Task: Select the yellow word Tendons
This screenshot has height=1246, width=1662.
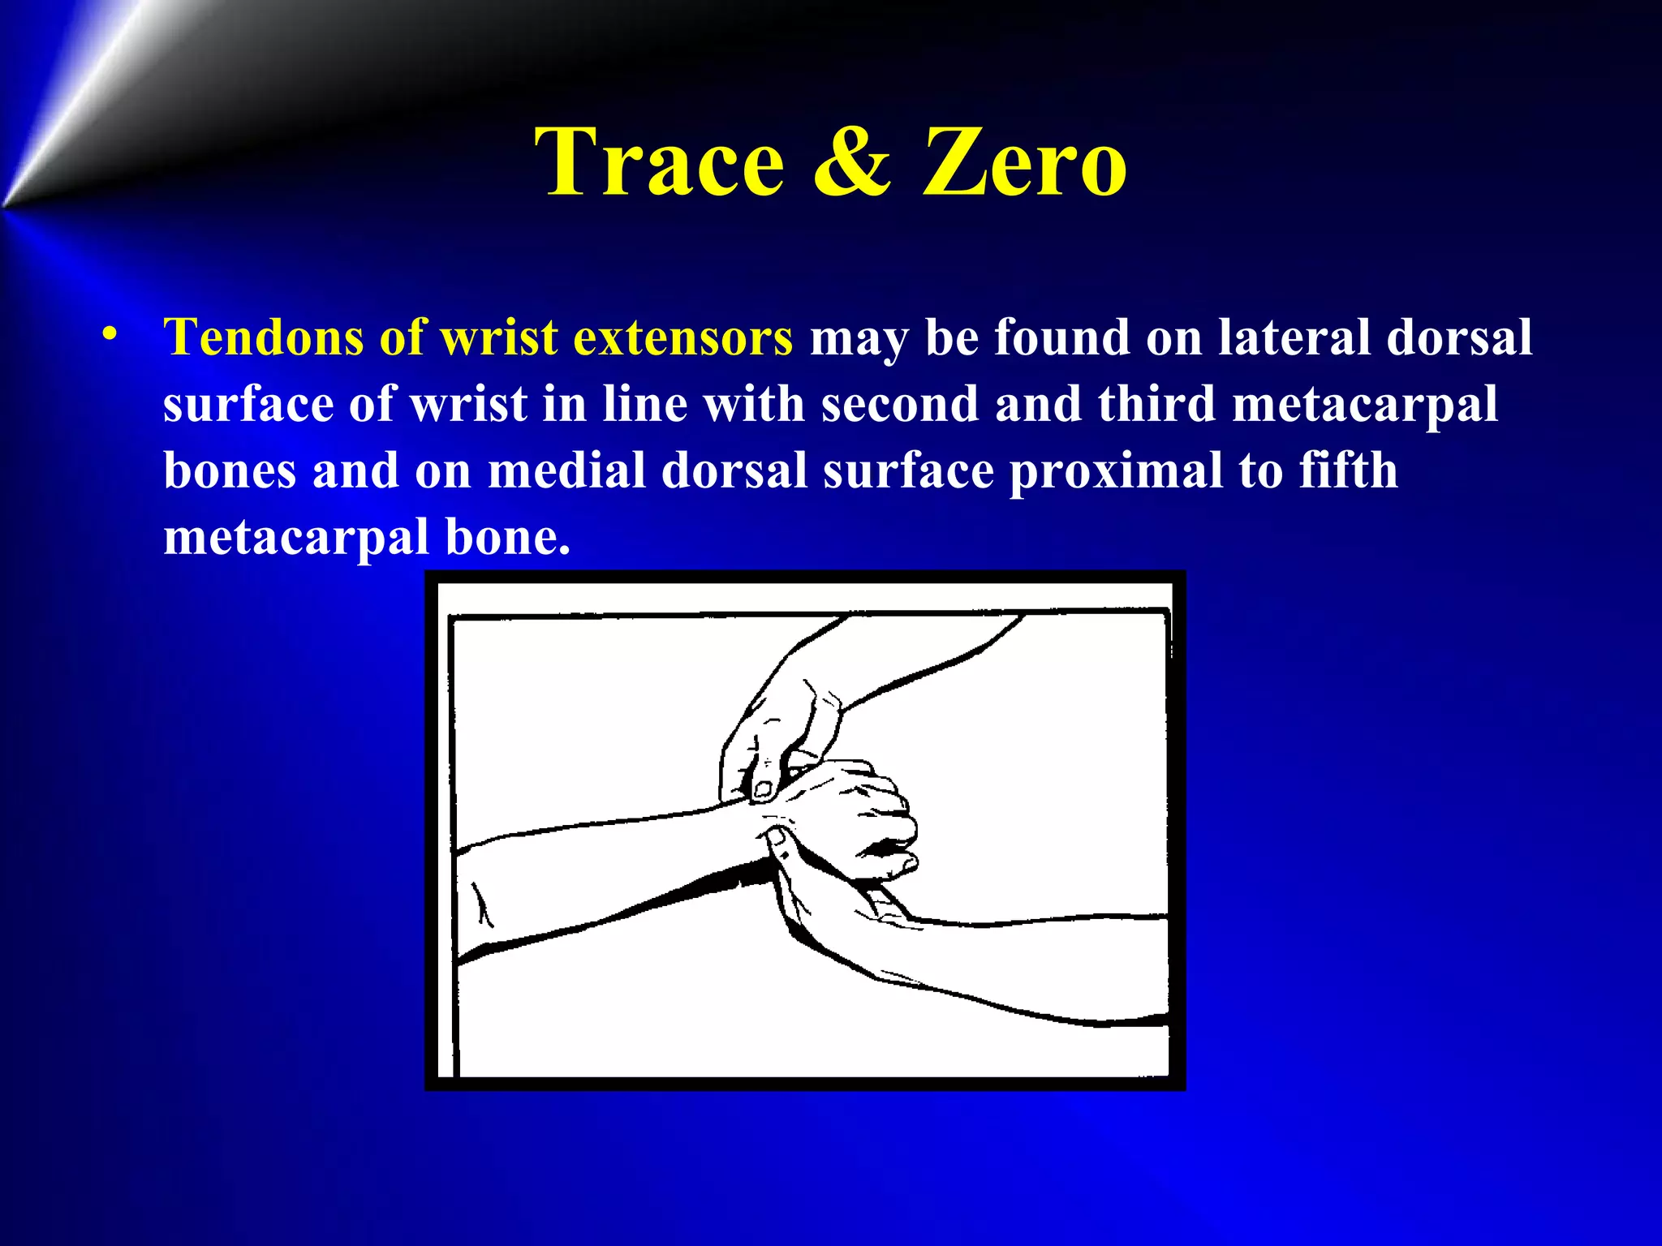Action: point(263,337)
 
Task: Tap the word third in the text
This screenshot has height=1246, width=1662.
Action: point(1156,404)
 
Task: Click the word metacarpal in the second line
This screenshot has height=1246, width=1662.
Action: point(1364,406)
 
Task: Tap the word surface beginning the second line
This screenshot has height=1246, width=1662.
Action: point(248,404)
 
